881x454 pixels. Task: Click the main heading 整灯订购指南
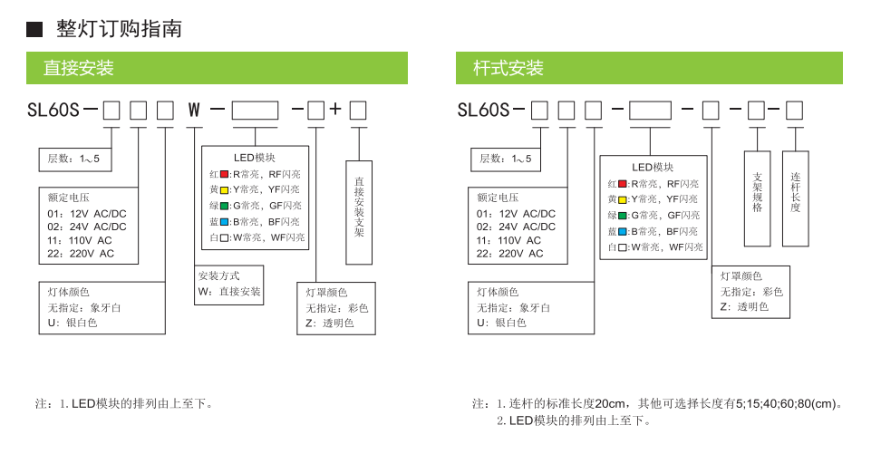click(119, 29)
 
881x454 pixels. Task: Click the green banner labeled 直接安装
click(217, 68)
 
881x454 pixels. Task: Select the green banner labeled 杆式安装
click(649, 68)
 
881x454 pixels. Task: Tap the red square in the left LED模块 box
click(224, 173)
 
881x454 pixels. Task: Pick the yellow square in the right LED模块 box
click(623, 199)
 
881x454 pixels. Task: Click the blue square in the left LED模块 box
click(224, 221)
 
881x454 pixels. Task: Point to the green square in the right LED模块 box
click(623, 216)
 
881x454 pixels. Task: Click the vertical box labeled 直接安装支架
click(359, 213)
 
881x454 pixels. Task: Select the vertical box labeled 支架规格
click(757, 198)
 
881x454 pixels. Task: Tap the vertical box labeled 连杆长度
click(795, 198)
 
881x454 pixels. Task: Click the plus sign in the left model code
click(335, 110)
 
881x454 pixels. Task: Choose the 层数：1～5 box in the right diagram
click(505, 159)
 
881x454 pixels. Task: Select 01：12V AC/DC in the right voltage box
click(516, 214)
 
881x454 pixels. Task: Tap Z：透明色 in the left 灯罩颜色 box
click(330, 323)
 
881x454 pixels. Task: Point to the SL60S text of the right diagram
click(483, 111)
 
